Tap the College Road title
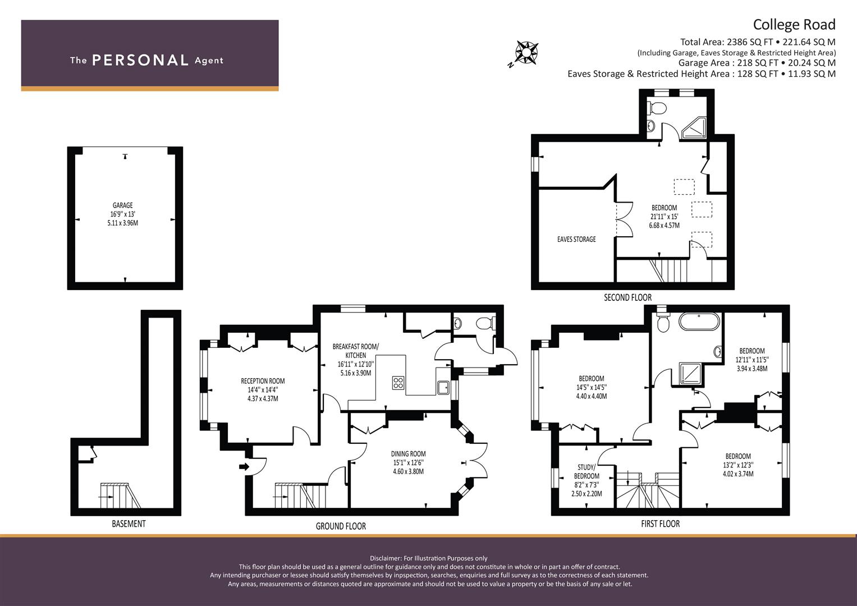tap(794, 25)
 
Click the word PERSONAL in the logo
tap(140, 60)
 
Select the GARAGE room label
tap(122, 205)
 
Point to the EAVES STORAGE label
tap(576, 239)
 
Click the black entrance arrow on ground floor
tap(244, 466)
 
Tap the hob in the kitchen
tap(398, 383)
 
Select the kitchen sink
tap(443, 388)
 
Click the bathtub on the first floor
tap(699, 322)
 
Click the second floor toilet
tap(657, 108)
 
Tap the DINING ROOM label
tap(408, 454)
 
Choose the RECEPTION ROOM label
tap(263, 381)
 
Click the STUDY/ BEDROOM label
tap(586, 472)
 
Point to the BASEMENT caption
tap(129, 524)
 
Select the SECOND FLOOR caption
tap(627, 297)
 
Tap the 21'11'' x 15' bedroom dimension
tap(664, 217)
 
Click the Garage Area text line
tap(757, 63)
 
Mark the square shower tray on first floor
tap(690, 373)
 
